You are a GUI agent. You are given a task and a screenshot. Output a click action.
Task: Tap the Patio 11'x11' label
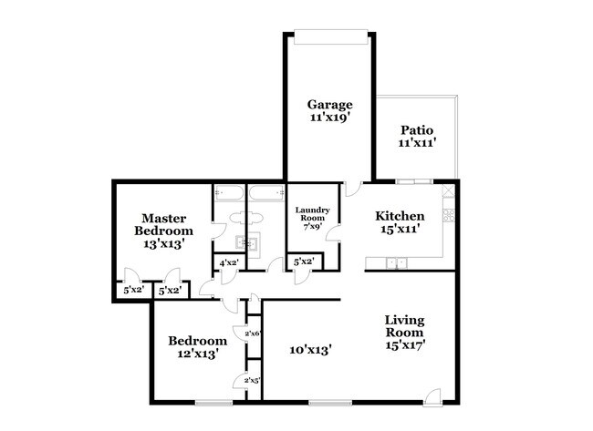417,137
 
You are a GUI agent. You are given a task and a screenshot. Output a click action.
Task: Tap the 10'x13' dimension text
311,350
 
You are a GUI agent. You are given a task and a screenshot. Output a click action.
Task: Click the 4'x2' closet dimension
229,262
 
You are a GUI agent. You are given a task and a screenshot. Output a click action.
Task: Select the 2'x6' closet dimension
254,334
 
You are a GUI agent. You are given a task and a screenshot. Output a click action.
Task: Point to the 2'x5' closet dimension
253,380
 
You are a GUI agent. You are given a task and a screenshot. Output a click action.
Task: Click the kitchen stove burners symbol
449,215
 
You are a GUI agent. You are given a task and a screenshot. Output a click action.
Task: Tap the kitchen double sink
396,263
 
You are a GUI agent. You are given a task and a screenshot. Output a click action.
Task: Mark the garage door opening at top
331,36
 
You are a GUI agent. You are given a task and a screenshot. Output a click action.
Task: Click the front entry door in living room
432,397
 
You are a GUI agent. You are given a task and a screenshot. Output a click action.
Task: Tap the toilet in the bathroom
246,219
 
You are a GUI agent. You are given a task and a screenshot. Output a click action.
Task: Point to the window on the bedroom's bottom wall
214,403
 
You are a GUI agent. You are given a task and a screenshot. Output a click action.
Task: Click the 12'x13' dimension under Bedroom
197,354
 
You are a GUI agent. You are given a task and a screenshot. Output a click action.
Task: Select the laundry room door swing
334,232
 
